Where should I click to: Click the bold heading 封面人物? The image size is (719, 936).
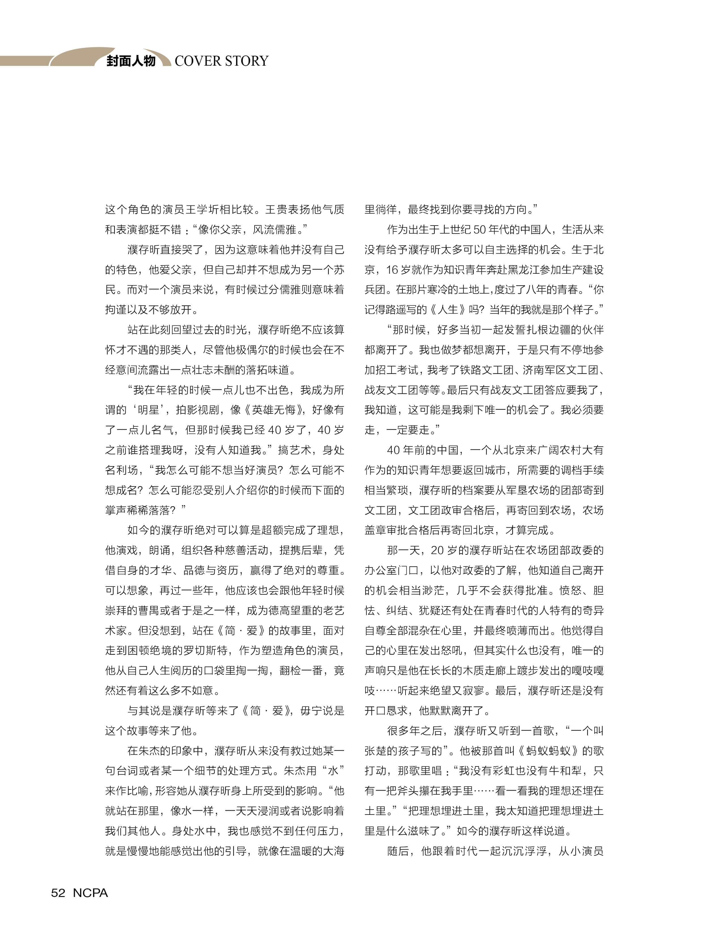coord(131,61)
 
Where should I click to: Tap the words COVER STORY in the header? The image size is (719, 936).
coord(221,61)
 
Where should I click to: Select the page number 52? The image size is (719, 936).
coord(58,893)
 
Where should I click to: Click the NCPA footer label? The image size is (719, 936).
coord(90,893)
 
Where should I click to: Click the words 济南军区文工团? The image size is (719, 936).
coord(560,370)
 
